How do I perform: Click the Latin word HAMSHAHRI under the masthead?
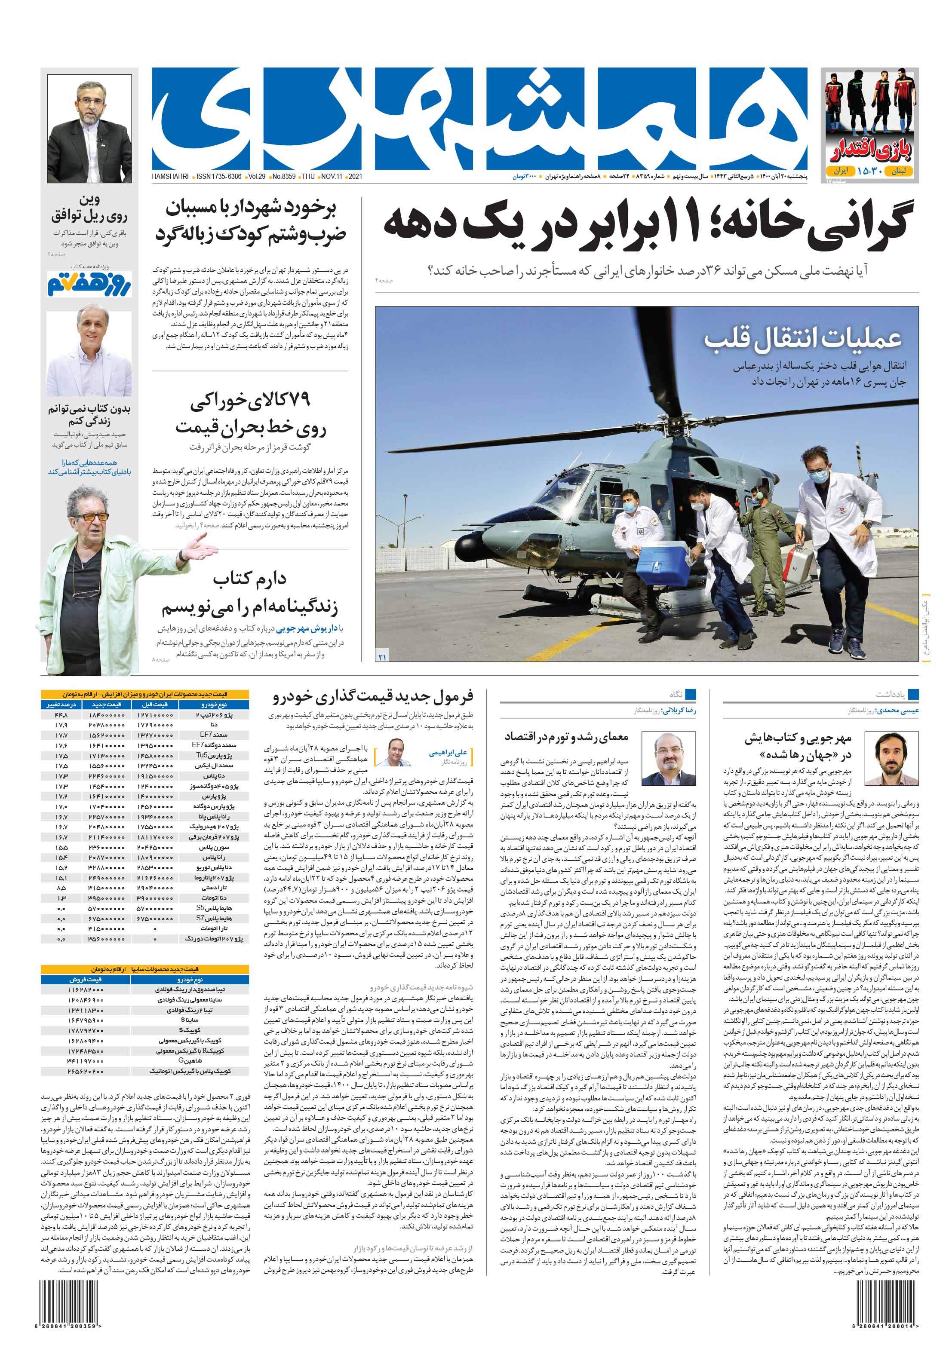[170, 177]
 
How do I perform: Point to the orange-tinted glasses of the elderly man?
[92, 517]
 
